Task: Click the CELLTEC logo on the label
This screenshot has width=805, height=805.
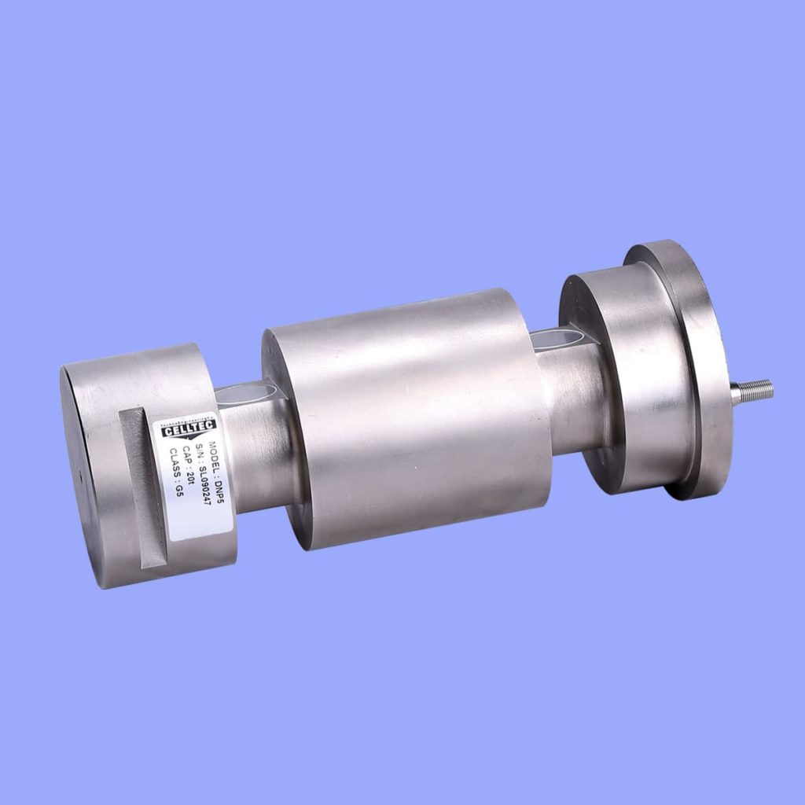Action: coord(187,428)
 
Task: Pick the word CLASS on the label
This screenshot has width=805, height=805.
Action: coord(174,465)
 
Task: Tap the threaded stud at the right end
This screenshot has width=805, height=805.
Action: coord(752,389)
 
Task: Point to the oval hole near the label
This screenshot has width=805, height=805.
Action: coord(248,391)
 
